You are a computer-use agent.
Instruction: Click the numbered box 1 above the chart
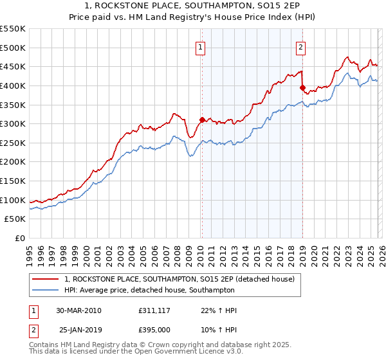[201, 46]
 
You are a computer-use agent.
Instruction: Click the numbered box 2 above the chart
[300, 46]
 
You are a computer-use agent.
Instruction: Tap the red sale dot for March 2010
[202, 119]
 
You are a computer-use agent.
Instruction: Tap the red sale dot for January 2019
[302, 87]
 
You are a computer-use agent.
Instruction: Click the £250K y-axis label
[13, 143]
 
